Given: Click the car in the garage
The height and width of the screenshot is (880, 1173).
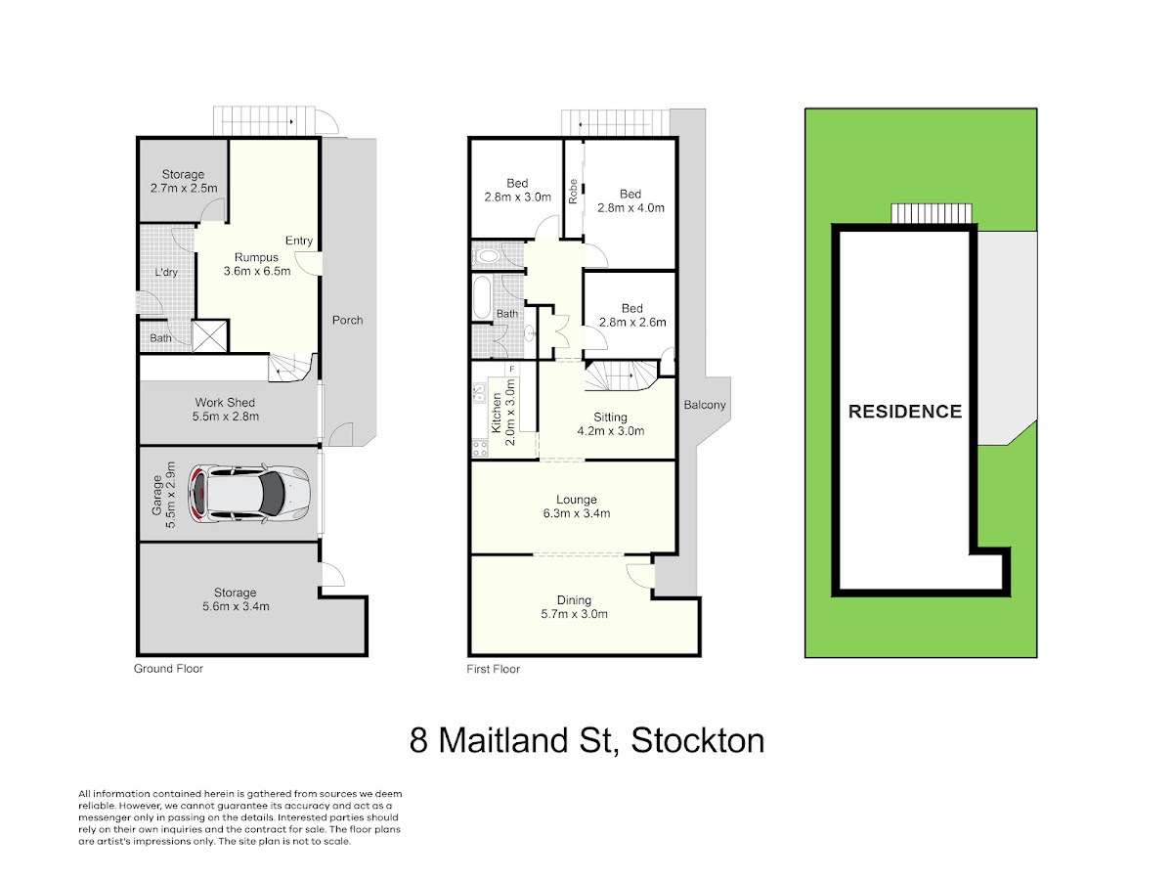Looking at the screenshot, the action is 249,494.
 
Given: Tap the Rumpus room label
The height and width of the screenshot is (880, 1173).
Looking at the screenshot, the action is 257,264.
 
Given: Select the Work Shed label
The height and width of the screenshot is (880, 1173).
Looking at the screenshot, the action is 225,410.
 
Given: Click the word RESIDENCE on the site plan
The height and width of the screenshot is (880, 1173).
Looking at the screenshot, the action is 905,412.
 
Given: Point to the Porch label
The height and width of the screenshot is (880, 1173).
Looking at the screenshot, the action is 347,320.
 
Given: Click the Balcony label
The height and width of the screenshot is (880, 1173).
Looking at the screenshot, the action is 705,405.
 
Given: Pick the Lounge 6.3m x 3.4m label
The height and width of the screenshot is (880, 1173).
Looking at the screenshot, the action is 576,506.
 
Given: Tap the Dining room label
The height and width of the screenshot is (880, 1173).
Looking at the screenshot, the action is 574,606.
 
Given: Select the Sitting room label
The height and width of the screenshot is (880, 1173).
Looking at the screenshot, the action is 610,423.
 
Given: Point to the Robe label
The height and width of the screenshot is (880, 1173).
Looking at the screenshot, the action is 573,192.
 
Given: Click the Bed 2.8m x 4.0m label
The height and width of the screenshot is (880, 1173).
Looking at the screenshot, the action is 630,200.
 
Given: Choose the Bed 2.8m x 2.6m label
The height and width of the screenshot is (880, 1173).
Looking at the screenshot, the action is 632,315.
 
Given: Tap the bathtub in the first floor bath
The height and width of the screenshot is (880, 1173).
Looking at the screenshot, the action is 482,297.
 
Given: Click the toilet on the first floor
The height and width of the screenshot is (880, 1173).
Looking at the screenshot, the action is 485,255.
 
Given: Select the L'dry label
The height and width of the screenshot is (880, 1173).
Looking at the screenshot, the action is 165,273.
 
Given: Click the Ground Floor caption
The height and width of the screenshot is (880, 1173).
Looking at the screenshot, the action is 168,669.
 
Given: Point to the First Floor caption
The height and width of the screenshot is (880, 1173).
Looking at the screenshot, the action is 493,669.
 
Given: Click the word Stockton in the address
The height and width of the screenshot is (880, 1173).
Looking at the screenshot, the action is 697,741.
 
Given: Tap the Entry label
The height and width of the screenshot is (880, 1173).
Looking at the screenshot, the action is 299,241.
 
